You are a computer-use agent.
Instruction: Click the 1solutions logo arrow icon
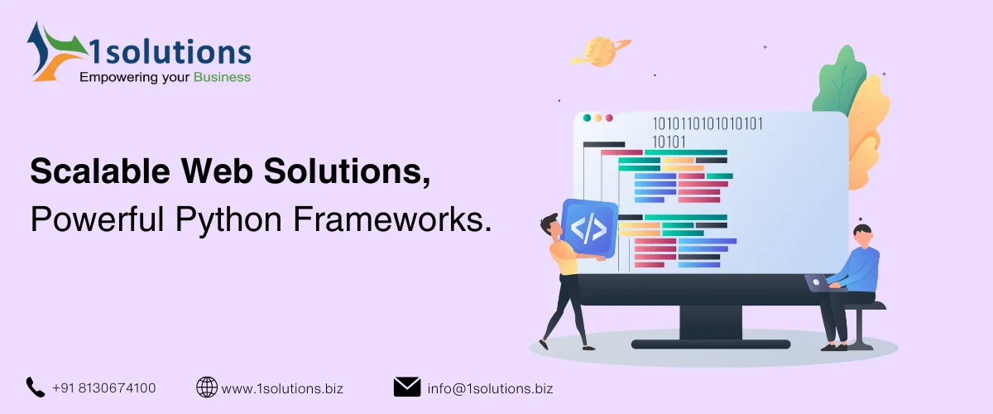point(50,52)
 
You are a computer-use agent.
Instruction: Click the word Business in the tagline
point(222,78)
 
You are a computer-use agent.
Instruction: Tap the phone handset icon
point(35,387)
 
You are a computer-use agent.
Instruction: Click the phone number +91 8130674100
point(103,388)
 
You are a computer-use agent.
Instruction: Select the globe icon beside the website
point(206,387)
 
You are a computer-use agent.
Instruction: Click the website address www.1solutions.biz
point(282,388)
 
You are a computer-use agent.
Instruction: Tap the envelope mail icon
point(406,387)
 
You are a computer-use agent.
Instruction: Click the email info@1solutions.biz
point(491,388)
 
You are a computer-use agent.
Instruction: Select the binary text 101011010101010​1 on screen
point(708,124)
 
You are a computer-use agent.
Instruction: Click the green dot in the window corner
point(587,118)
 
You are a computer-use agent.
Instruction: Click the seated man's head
point(863,233)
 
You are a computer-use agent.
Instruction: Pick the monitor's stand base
point(710,343)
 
